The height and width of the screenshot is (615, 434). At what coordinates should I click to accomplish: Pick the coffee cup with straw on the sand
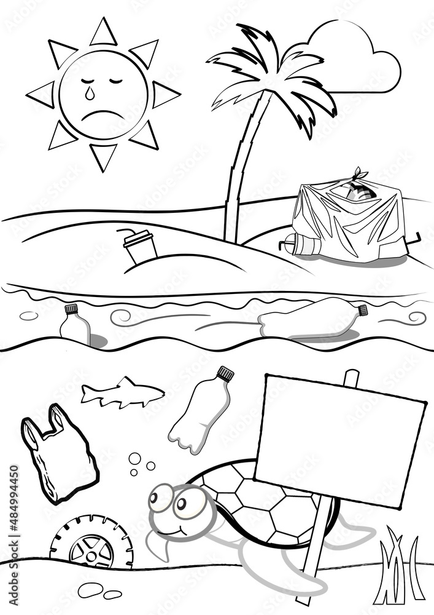point(140,247)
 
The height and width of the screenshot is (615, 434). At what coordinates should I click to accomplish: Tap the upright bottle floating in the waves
point(74,325)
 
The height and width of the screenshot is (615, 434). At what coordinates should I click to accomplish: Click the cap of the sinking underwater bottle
point(225,373)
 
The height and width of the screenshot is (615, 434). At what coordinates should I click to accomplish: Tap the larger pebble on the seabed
point(90,590)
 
